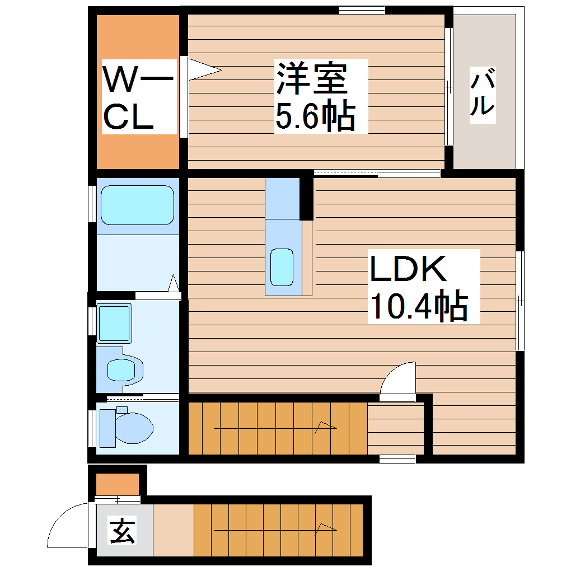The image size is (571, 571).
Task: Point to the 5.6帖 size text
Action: pyautogui.click(x=315, y=116)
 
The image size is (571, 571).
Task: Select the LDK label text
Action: pyautogui.click(x=408, y=269)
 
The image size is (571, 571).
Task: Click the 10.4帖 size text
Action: pyautogui.click(x=418, y=306)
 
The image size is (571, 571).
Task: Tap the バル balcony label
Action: pyautogui.click(x=483, y=92)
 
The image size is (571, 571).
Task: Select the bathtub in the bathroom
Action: pyautogui.click(x=137, y=205)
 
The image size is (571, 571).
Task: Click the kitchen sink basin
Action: pyautogui.click(x=282, y=266)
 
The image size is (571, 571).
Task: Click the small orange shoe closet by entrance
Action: pyautogui.click(x=117, y=484)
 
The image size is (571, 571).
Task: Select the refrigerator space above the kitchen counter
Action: pyautogui.click(x=283, y=199)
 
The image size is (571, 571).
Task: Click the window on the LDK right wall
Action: pyautogui.click(x=519, y=301)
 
